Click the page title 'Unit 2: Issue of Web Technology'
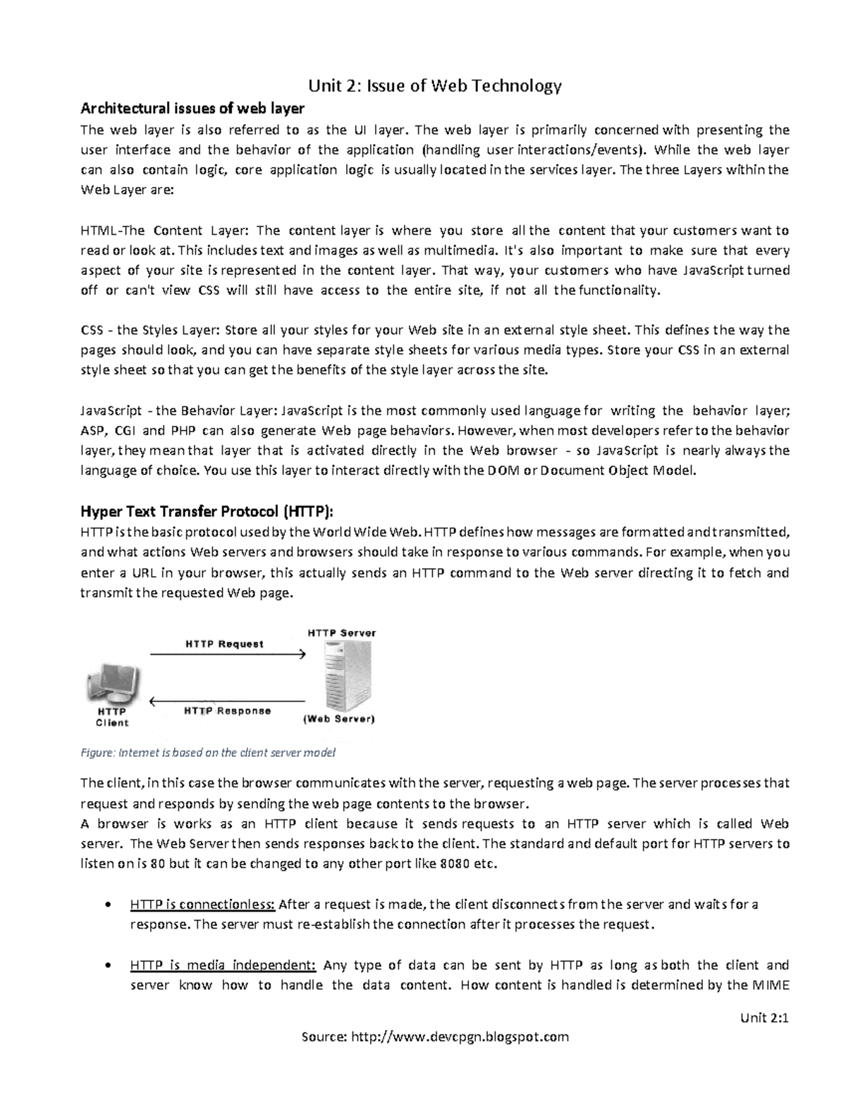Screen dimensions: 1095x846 [x=434, y=86]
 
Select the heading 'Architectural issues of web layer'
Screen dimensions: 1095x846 [x=192, y=109]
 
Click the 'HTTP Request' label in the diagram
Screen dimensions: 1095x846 [x=224, y=644]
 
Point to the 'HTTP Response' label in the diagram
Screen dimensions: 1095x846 [x=227, y=711]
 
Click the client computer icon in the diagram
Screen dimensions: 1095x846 [x=113, y=683]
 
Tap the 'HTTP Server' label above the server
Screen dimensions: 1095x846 [x=341, y=633]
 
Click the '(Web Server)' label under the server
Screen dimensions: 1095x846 [x=338, y=720]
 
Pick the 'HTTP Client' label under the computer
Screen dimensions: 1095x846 [x=112, y=717]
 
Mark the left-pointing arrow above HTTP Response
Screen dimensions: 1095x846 [x=227, y=701]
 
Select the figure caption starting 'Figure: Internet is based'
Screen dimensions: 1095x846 [x=208, y=752]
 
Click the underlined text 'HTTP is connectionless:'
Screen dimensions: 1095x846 [x=202, y=905]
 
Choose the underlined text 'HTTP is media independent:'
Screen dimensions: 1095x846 [x=223, y=965]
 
